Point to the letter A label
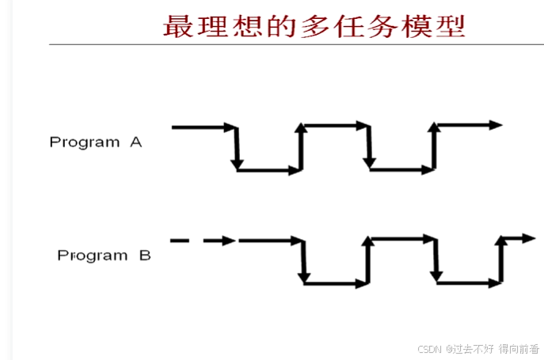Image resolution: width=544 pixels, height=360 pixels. click(136, 142)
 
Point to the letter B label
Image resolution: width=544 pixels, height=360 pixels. click(144, 256)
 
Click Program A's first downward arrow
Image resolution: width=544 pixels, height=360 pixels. click(236, 149)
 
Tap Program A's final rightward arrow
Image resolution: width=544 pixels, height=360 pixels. click(469, 125)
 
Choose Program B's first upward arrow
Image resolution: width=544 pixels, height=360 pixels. click(368, 261)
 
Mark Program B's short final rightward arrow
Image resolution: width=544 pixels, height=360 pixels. click(518, 238)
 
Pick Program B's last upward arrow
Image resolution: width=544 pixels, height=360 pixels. click(501, 261)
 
